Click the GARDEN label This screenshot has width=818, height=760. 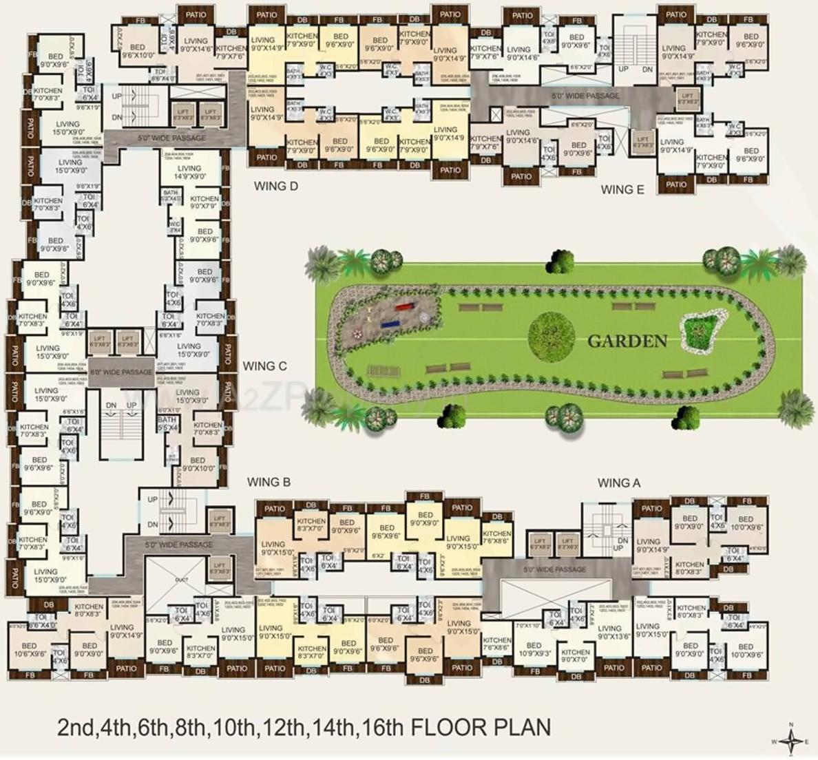click(x=627, y=341)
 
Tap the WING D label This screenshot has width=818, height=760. click(x=275, y=186)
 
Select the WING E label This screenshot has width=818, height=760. click(x=622, y=189)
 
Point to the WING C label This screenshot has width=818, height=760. click(x=264, y=366)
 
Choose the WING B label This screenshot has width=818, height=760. click(x=269, y=482)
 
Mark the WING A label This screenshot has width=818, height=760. click(x=618, y=483)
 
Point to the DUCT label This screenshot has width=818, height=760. click(x=182, y=580)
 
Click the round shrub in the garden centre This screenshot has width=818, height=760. click(x=551, y=335)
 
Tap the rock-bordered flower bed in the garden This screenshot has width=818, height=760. click(x=702, y=330)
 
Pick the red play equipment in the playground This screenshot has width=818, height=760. click(x=403, y=307)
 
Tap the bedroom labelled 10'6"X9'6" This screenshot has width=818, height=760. click(x=29, y=650)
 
